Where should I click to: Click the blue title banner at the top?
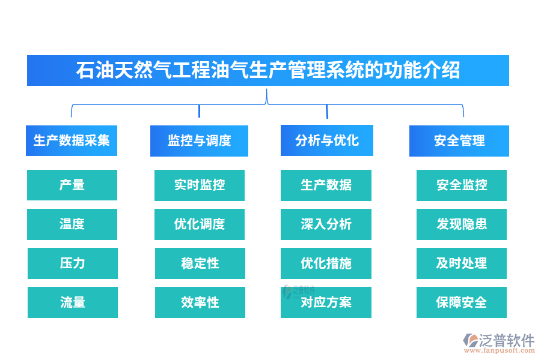pos(268,70)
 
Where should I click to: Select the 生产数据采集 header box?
pos(72,140)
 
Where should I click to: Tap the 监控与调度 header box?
pos(199,140)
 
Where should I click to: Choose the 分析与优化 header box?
pos(327,140)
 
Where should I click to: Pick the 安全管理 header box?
pos(459,140)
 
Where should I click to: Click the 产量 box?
pos(72,185)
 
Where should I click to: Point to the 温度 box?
pos(72,224)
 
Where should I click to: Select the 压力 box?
pos(72,263)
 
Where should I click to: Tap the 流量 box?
pos(72,302)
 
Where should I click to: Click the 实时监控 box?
pos(200,185)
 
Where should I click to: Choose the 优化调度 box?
pos(200,224)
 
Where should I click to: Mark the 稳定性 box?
pos(200,263)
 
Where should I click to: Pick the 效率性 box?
pos(200,302)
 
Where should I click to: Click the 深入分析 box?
pos(326,224)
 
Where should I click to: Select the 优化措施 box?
pos(326,263)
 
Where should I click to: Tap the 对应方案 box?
pos(326,302)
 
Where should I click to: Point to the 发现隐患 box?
pos(462,224)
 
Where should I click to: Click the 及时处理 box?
pos(462,263)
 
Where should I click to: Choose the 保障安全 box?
pos(462,302)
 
